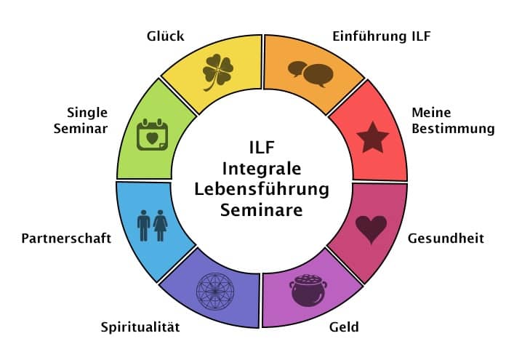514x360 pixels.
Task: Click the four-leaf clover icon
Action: (218, 70)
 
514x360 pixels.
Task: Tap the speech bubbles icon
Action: (310, 72)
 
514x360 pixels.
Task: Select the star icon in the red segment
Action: (373, 137)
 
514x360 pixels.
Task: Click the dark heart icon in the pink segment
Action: (371, 229)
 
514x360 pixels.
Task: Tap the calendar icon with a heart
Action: (152, 135)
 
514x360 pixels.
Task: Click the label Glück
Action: (164, 36)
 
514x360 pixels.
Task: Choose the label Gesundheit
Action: (446, 239)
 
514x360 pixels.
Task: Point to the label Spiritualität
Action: (140, 327)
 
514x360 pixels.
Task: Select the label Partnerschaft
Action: (66, 239)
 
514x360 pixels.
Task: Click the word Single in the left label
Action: (87, 113)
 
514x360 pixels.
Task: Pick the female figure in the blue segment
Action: (161, 225)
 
